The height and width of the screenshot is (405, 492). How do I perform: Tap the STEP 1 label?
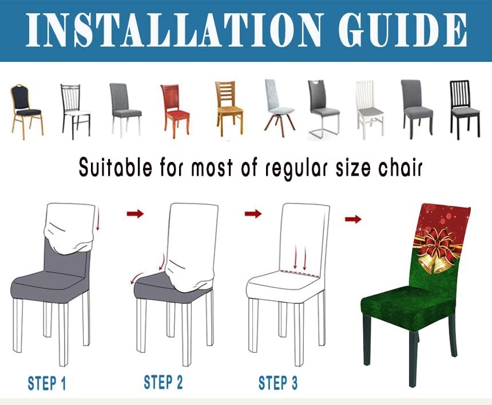[x=46, y=383]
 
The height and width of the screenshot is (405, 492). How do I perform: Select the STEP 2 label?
[x=162, y=382]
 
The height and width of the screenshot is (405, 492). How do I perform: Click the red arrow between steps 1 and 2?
[x=135, y=213]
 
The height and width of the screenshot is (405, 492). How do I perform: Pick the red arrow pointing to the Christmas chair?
[x=353, y=219]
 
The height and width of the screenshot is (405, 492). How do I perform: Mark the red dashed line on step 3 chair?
[x=299, y=273]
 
